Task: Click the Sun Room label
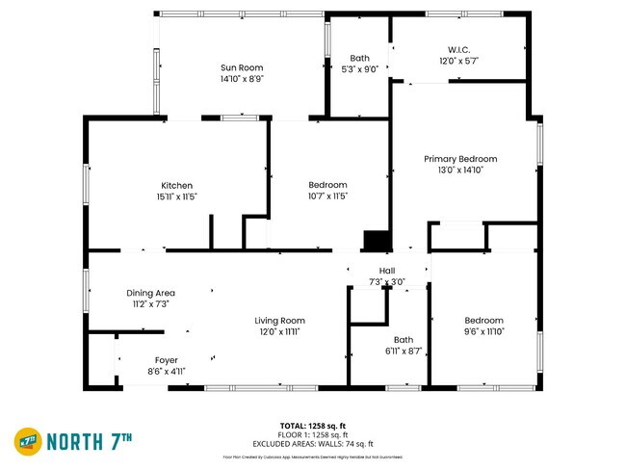[x=242, y=67]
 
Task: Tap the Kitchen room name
[x=176, y=185]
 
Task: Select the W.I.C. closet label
[x=458, y=49]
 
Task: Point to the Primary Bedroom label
[x=460, y=159]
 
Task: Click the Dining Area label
[x=150, y=293]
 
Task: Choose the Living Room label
[x=279, y=321]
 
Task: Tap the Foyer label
[x=166, y=359]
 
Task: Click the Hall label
[x=386, y=271]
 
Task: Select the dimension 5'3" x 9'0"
[x=360, y=69]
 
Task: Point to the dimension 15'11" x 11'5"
[x=176, y=196]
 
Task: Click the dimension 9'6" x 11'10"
[x=483, y=332]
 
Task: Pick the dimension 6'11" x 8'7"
[x=403, y=351]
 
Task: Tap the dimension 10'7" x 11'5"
[x=327, y=196]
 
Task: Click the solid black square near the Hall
[x=374, y=241]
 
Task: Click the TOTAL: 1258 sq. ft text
[x=312, y=425]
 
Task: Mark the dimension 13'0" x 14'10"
[x=460, y=170]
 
